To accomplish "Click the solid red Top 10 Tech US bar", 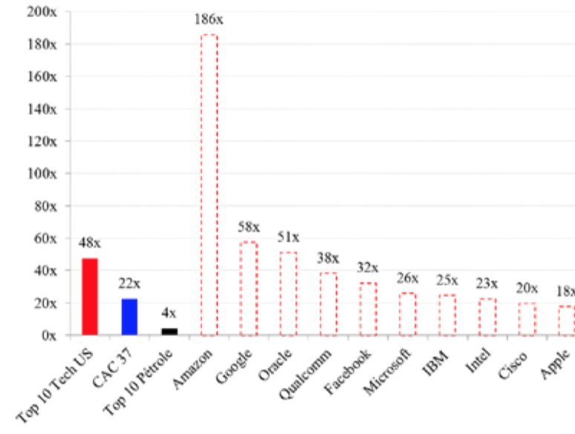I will (89, 297).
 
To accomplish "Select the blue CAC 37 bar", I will (129, 317).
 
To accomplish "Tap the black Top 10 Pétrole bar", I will (169, 332).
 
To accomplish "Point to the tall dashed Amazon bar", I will (209, 185).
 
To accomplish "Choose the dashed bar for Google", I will (248, 289).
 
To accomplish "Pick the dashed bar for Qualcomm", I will (328, 304).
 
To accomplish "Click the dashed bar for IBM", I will (447, 315).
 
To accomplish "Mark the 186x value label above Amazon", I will (210, 19).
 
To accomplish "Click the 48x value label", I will (89, 242).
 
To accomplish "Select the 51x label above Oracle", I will (288, 237).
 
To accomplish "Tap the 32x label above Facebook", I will (368, 268).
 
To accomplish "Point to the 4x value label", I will (169, 313).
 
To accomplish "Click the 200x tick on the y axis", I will (42, 12).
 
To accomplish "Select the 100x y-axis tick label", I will (42, 174).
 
